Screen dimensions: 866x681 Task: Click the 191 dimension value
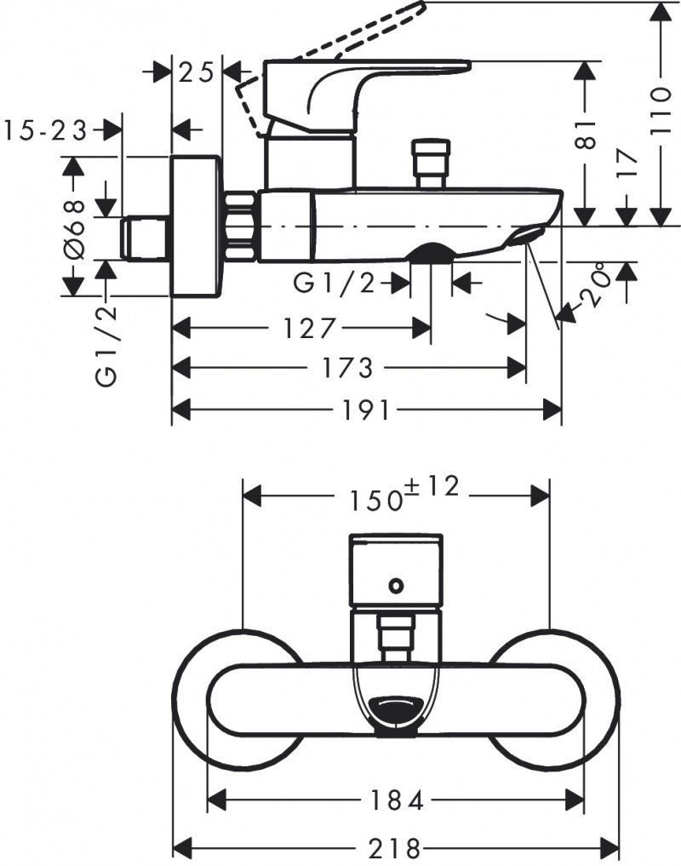[x=368, y=410]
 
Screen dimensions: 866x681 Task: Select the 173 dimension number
[x=348, y=367]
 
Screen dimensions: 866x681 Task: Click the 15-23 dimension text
[x=46, y=130]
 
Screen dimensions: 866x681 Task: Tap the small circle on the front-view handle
[x=395, y=585]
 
